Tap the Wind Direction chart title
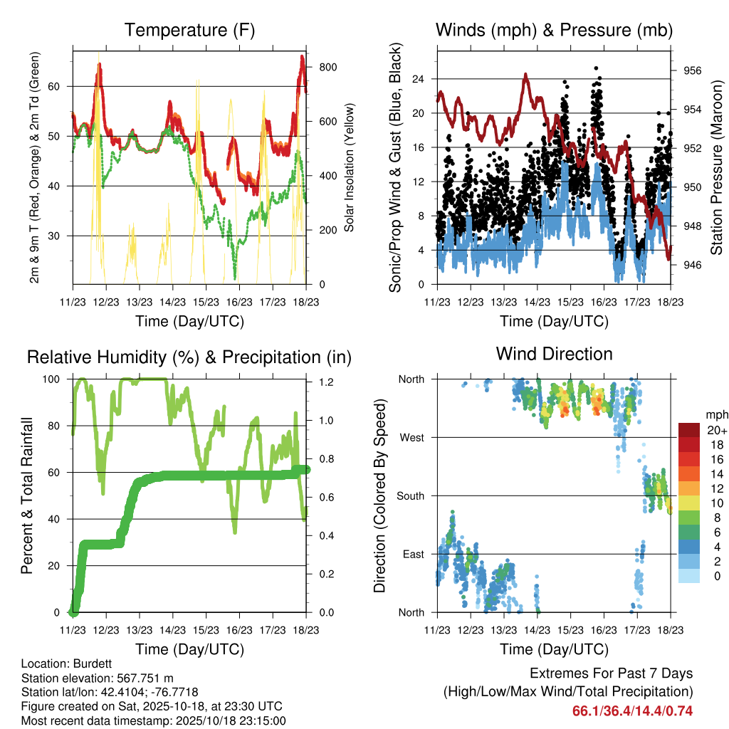pos(554,353)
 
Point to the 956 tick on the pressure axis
pos(692,70)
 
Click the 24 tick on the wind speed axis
pos(419,78)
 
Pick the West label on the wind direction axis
pos(411,437)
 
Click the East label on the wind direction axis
pos(412,554)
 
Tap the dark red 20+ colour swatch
pos(690,430)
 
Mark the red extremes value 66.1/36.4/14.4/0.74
pos(633,710)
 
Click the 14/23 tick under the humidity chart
pos(172,630)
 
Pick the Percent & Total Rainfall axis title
pos(26,486)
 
